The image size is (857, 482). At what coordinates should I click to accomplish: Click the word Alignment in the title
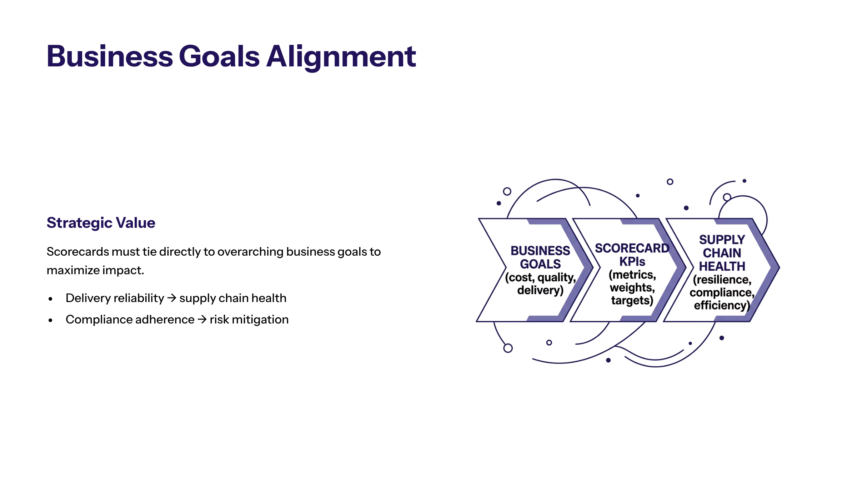pos(341,57)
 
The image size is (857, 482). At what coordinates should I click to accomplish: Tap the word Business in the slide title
pos(110,56)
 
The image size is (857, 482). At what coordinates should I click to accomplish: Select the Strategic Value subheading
pos(101,223)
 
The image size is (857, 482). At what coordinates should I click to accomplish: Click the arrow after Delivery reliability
pos(172,298)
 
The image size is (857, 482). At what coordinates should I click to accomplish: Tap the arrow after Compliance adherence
pos(202,319)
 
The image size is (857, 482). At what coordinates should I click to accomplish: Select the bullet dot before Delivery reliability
pos(51,299)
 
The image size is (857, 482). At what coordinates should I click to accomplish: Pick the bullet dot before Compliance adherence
pos(51,320)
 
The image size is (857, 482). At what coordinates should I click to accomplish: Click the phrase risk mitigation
pos(249,320)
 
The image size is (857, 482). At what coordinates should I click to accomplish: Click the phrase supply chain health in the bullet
pos(233,298)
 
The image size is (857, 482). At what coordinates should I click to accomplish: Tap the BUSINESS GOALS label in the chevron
pos(540,257)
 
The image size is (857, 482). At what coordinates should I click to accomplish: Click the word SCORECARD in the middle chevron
pos(632,248)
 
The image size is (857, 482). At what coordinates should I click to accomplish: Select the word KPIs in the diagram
pos(632,262)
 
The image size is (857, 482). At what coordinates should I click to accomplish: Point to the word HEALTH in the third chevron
pos(722,266)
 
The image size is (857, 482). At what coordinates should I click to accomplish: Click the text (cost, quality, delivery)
pos(540,284)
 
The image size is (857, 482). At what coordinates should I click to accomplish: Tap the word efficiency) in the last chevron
pos(722,306)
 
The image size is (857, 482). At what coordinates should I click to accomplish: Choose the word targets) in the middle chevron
pos(632,301)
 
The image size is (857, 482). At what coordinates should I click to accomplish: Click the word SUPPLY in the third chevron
pos(722,240)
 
